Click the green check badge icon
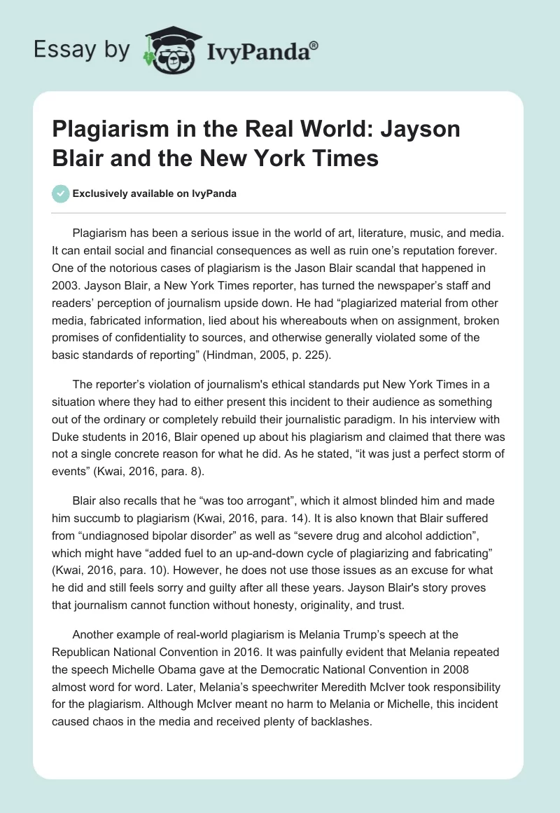(x=62, y=193)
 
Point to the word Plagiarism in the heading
(x=109, y=130)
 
